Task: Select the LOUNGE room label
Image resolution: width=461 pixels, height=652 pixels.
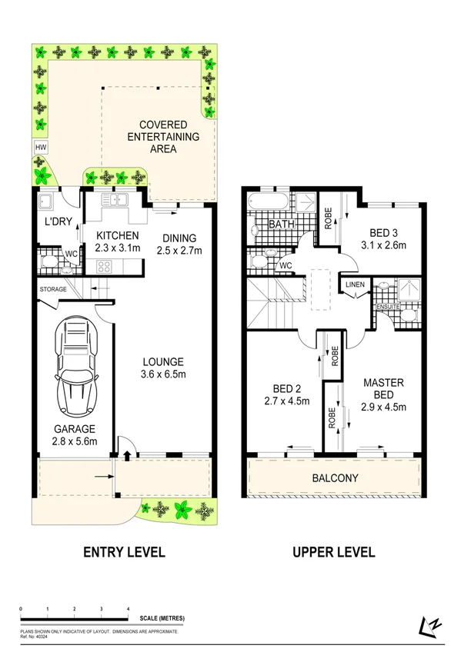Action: click(162, 361)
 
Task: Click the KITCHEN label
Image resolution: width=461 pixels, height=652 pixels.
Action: click(117, 235)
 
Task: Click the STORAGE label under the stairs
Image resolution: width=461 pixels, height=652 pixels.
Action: click(53, 289)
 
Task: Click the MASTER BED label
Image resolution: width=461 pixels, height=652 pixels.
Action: click(384, 388)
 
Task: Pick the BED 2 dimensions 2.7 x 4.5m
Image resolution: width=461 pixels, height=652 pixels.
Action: click(287, 401)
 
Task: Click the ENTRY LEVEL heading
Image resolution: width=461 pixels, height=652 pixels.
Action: click(124, 552)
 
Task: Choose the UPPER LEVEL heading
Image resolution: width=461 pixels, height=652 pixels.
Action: click(334, 552)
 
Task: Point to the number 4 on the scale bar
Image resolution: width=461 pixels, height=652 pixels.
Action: click(128, 609)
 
